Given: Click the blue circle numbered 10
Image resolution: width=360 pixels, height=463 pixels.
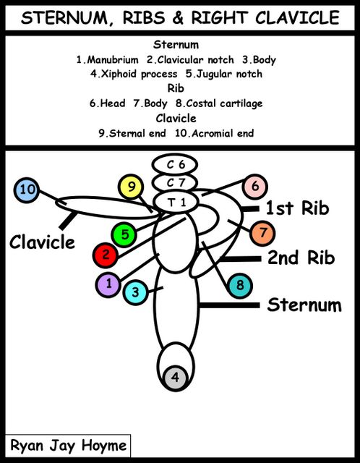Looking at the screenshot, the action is (x=27, y=190).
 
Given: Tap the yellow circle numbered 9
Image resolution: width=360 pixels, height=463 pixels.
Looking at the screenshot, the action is (x=131, y=187).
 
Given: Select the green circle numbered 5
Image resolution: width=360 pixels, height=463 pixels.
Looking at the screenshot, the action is (x=124, y=234).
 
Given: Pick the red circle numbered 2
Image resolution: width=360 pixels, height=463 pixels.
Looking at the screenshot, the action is (x=106, y=255).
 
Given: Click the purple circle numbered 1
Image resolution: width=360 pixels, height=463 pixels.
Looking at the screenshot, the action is (x=108, y=284).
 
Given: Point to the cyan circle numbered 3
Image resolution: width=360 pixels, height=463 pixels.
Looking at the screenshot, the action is (x=135, y=292).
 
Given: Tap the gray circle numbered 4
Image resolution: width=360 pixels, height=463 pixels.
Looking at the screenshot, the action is (x=175, y=378).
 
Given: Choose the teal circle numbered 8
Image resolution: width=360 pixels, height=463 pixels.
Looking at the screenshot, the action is (x=240, y=286).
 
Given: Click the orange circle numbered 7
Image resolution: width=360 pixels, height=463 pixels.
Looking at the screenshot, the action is (x=262, y=233).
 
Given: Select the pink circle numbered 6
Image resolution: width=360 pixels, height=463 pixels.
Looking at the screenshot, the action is (x=255, y=187).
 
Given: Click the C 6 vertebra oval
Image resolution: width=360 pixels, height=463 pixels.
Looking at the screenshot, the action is (x=175, y=165).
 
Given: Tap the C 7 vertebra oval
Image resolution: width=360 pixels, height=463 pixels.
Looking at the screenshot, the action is (x=175, y=183).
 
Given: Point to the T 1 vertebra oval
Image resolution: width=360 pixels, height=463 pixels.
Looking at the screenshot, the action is (x=176, y=203).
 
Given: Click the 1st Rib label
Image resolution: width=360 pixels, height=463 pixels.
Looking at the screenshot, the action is (x=297, y=208).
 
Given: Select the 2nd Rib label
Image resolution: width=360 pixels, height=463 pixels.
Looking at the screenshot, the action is (x=301, y=258).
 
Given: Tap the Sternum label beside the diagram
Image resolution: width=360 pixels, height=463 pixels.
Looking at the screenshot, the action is (x=304, y=305).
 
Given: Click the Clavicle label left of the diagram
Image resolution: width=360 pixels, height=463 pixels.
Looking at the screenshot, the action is (x=42, y=242).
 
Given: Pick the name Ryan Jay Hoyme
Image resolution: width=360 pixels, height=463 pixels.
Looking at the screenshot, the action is (x=69, y=446).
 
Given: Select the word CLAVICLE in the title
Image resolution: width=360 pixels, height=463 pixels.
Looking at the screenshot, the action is (x=297, y=17).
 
